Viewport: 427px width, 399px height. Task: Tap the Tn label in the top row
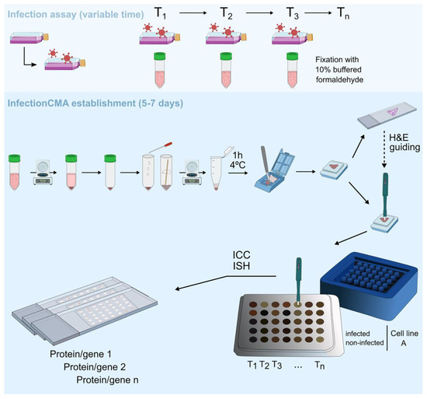tap(347, 10)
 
